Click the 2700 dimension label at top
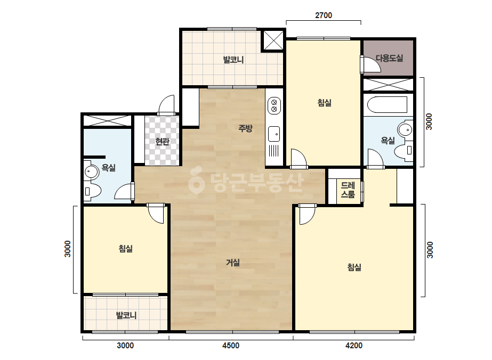[323, 15]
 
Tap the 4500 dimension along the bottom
[231, 346]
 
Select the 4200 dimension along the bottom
[354, 346]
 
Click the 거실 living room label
[233, 263]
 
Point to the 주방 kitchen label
[245, 128]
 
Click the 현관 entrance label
[162, 142]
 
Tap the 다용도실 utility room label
[389, 58]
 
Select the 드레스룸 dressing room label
[348, 190]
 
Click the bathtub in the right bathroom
[388, 104]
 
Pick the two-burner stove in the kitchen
[274, 105]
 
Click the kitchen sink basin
[274, 134]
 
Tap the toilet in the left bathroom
[92, 191]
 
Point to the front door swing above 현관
[166, 105]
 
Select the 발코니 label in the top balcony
[233, 60]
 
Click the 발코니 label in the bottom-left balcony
[126, 315]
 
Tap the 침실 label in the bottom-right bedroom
[354, 267]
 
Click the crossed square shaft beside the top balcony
[273, 40]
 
